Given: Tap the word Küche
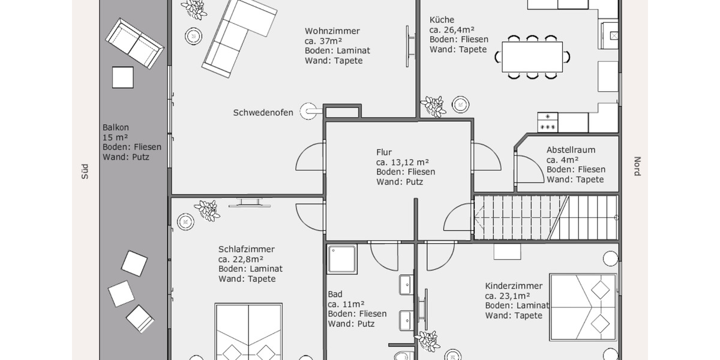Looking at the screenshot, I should click(442, 19).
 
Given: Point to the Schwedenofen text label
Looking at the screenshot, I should click(263, 112).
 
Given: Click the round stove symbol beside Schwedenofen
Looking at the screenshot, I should click(310, 111).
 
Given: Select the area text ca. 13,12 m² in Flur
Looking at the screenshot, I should click(402, 162).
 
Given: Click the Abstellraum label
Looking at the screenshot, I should click(570, 150).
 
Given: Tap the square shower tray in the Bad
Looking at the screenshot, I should click(343, 259).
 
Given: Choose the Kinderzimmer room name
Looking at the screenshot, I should click(514, 286).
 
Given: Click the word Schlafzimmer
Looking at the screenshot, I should click(246, 249).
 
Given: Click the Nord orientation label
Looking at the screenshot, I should click(637, 166).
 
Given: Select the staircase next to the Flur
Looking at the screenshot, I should click(545, 217).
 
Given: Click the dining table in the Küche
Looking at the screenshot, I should click(532, 57).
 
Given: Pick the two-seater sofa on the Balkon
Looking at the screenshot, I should click(134, 43).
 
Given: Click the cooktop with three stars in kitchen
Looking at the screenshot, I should click(548, 122).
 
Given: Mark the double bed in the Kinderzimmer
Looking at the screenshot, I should click(583, 307).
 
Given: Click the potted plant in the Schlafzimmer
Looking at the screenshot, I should click(207, 210).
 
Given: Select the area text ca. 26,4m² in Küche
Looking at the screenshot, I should click(452, 29).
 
